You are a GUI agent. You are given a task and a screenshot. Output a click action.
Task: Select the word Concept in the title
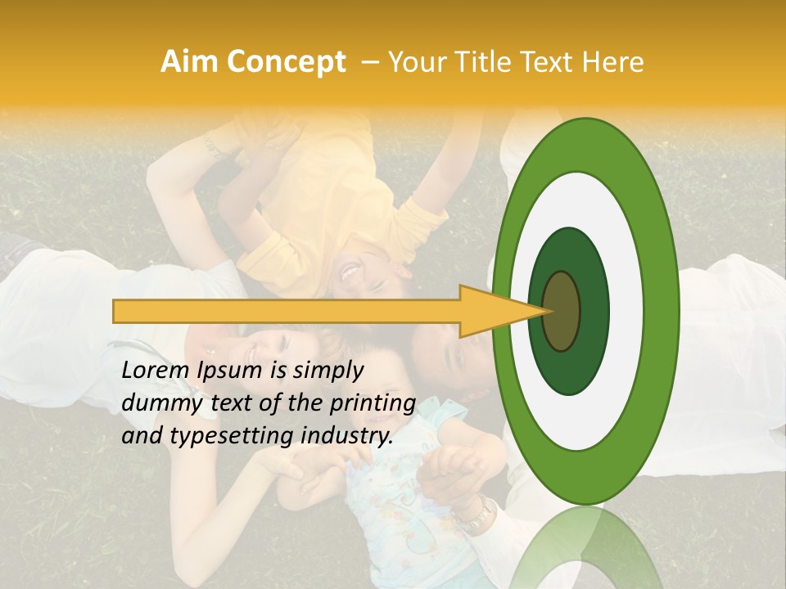pos(287,62)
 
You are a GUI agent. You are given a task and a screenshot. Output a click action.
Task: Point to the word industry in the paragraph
pos(347,436)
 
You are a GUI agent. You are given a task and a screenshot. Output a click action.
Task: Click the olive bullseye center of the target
pos(561,311)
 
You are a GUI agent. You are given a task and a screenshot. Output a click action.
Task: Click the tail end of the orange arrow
pos(119,311)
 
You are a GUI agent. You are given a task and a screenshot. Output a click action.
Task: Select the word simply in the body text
pos(327,371)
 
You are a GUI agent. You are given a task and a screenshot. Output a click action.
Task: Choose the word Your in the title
pos(414,62)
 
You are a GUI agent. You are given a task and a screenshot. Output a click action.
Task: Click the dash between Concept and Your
pos(369,62)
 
